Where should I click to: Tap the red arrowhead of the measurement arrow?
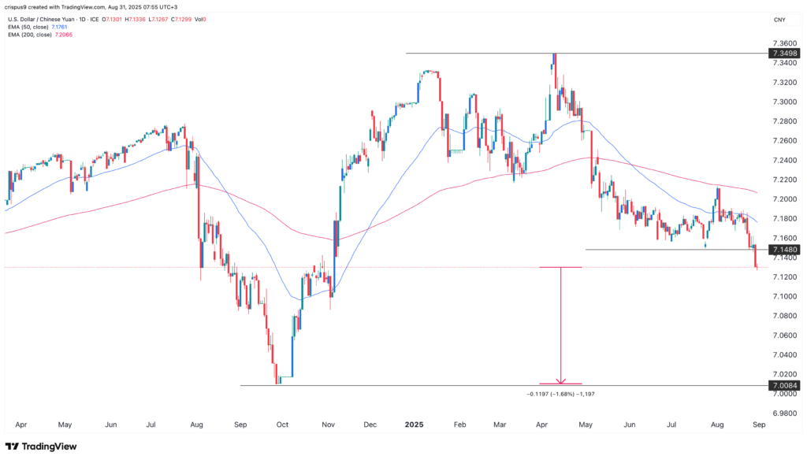[560, 381]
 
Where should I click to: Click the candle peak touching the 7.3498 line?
[555, 55]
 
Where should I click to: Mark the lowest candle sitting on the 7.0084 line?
[277, 382]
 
